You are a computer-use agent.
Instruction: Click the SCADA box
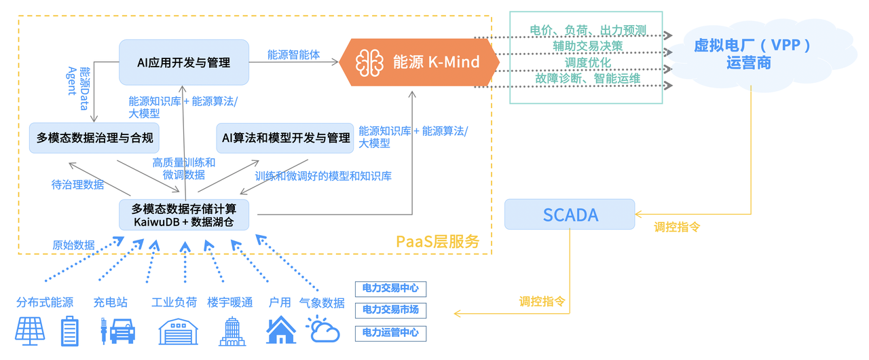click(570, 215)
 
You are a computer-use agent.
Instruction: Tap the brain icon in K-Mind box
click(369, 62)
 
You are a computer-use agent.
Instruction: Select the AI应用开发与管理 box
click(183, 62)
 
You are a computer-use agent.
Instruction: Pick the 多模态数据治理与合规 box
click(95, 138)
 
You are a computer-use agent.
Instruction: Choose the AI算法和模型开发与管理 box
click(285, 138)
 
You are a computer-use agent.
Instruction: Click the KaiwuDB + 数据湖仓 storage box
click(184, 215)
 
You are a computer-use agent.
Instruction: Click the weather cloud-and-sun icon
click(322, 330)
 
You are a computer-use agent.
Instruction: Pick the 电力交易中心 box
click(390, 289)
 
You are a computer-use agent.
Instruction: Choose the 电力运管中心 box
click(390, 333)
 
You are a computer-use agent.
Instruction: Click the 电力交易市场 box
click(390, 310)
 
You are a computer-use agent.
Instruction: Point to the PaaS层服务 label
click(437, 241)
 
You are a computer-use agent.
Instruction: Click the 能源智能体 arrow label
click(293, 55)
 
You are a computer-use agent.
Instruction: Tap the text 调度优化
click(588, 62)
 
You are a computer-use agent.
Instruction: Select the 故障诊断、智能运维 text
click(588, 79)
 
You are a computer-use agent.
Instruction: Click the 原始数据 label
click(73, 245)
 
